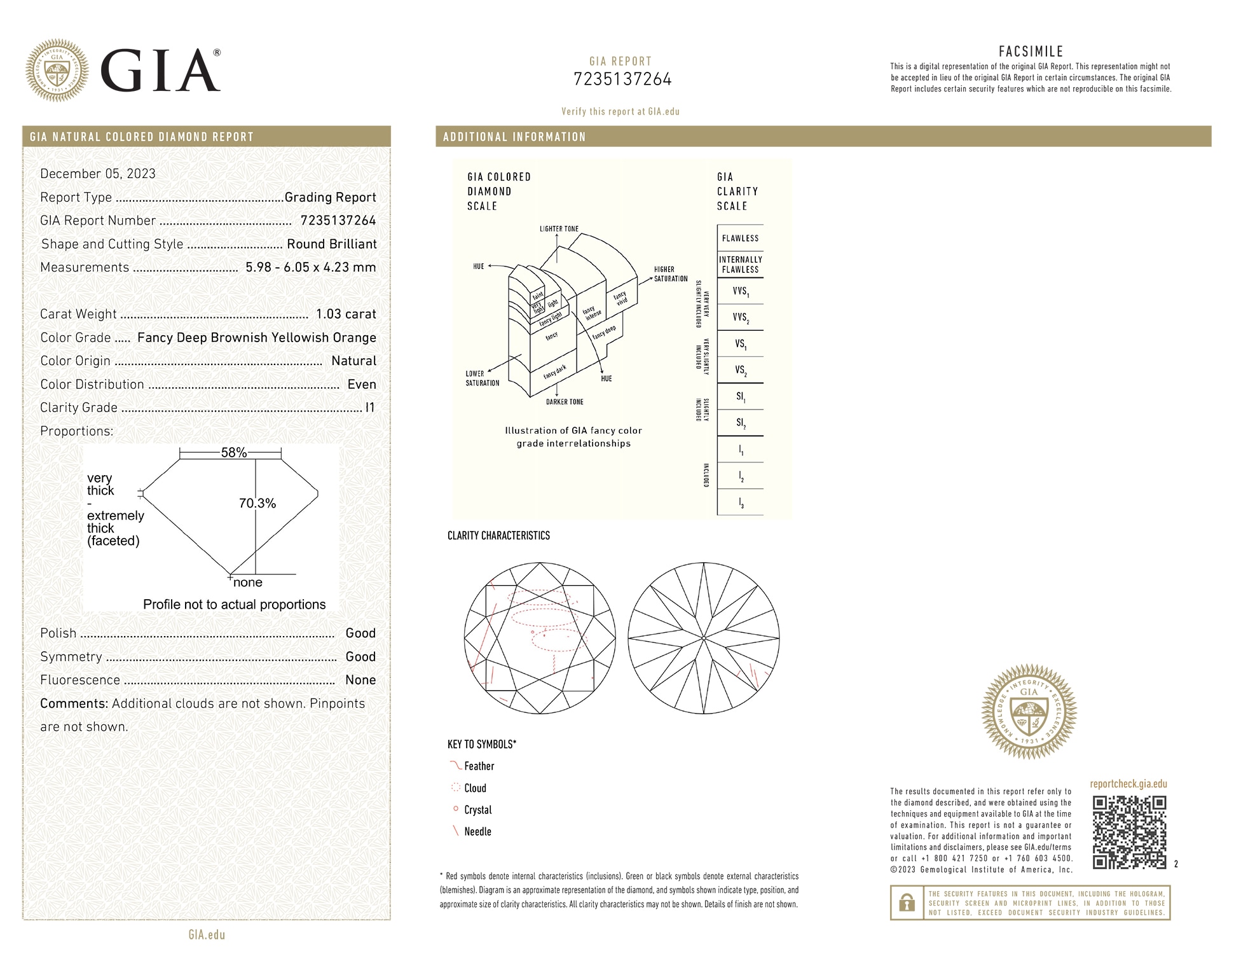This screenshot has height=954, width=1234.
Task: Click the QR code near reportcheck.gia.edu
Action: click(x=1129, y=832)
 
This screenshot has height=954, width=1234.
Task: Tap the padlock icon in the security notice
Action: click(x=907, y=903)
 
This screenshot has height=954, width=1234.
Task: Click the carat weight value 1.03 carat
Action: click(x=346, y=314)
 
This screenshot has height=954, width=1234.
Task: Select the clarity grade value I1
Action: click(x=370, y=408)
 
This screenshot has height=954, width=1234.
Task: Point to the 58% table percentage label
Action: click(x=233, y=453)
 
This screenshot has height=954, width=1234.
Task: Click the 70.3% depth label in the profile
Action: click(x=257, y=504)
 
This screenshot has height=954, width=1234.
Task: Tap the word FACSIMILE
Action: click(x=1031, y=52)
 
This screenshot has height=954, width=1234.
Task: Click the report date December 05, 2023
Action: click(x=98, y=174)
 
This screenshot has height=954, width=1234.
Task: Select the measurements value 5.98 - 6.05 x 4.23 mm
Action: click(x=310, y=268)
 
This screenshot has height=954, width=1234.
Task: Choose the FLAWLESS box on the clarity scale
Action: click(x=740, y=238)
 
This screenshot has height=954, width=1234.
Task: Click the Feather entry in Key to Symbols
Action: click(x=479, y=766)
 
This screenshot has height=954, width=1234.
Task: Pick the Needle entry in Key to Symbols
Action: click(x=477, y=832)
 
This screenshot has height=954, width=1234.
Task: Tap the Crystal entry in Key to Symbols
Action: click(x=477, y=810)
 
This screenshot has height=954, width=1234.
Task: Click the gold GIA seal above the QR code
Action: click(x=1029, y=712)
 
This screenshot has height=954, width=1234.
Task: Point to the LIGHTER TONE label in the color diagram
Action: click(x=559, y=229)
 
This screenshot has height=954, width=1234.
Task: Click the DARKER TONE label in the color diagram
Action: click(x=565, y=402)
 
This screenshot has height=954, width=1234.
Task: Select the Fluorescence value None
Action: click(x=360, y=680)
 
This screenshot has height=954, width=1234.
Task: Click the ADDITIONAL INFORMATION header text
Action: click(x=514, y=137)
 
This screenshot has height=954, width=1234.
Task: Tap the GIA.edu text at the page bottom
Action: click(x=207, y=934)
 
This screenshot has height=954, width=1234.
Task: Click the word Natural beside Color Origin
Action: click(x=353, y=361)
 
